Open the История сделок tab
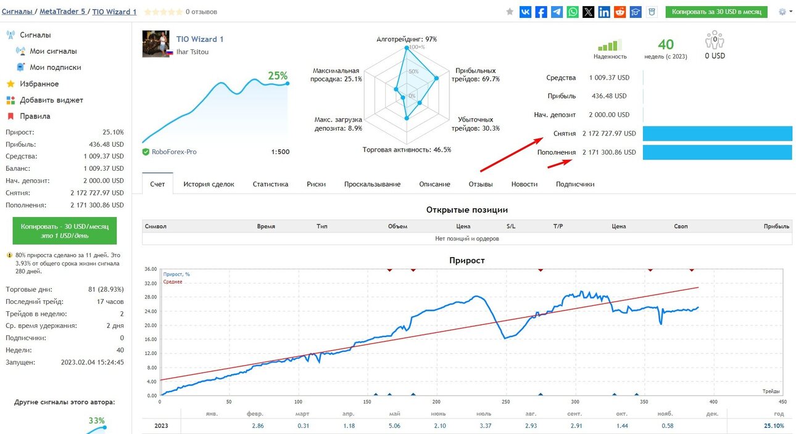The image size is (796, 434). tap(209, 184)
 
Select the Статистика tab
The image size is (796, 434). tap(270, 184)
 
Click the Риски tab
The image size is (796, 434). tap(317, 184)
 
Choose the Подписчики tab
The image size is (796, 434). tap(575, 184)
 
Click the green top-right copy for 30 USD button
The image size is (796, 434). tap(716, 12)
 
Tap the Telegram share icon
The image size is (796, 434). tap(557, 12)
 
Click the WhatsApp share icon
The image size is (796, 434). tap(573, 12)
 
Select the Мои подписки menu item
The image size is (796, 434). tap(55, 67)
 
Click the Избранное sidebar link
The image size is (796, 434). tap(39, 84)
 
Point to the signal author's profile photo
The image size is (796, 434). tap(155, 44)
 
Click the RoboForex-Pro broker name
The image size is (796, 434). tap(174, 152)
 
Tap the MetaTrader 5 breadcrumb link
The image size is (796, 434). tap(62, 11)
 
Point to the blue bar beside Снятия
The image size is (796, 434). tap(718, 134)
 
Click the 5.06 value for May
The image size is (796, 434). tap(394, 425)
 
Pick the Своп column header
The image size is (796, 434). tap(681, 226)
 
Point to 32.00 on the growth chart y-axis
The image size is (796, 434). tap(151, 284)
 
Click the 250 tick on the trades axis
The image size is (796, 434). tap(505, 402)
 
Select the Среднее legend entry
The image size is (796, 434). tap(173, 282)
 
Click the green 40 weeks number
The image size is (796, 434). tap(666, 44)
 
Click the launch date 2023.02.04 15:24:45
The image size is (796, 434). tap(93, 362)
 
